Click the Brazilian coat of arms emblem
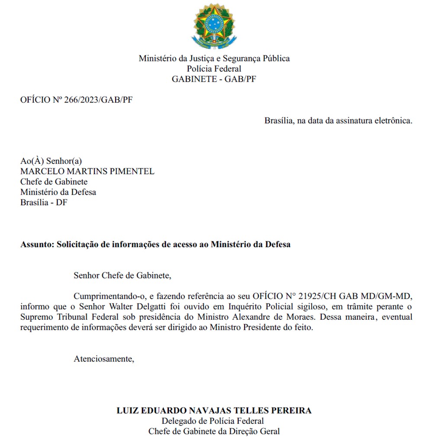[214, 26]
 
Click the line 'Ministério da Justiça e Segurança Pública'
[214, 58]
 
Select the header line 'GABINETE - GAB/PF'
[214, 79]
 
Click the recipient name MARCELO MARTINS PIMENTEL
[87, 171]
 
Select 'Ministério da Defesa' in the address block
[58, 192]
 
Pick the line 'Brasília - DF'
[44, 202]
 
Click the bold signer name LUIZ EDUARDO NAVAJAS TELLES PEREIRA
[214, 410]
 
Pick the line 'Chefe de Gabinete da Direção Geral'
[214, 431]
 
